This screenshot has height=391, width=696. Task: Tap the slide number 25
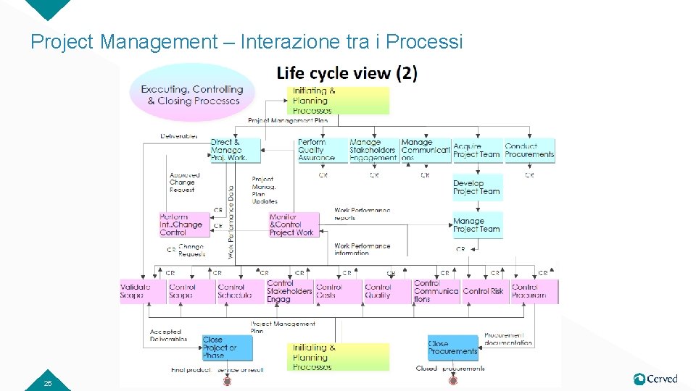tap(48, 383)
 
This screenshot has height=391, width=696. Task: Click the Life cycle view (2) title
tap(347, 73)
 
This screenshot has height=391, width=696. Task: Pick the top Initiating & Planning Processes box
tap(340, 101)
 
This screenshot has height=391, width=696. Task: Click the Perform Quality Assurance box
tap(317, 150)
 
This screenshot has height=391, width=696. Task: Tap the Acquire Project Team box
tap(477, 150)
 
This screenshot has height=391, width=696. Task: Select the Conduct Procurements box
tap(530, 150)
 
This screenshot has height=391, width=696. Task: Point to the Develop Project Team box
tap(477, 188)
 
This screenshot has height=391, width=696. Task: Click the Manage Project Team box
tap(477, 225)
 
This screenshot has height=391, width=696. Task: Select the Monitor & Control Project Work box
tap(293, 224)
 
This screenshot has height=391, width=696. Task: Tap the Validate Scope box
tap(136, 291)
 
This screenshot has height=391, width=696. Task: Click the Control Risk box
tap(484, 291)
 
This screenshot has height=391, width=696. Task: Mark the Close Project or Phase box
tap(227, 348)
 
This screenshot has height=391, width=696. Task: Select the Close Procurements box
tap(453, 348)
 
